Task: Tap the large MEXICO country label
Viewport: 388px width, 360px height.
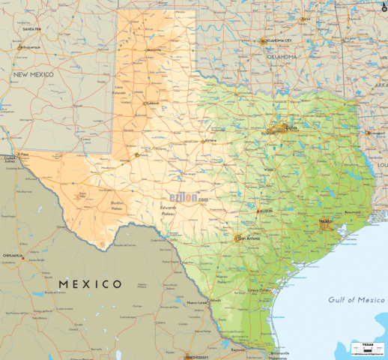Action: coord(89,283)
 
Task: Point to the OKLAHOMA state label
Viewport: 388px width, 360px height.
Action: coord(282,56)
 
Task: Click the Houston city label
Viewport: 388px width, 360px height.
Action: coord(325,221)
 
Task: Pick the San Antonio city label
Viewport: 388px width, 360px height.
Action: coord(249,238)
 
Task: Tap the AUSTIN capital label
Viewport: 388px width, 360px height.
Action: coord(266,211)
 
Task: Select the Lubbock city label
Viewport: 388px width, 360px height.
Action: coord(153,103)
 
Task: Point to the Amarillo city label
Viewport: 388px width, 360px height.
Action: coord(154,50)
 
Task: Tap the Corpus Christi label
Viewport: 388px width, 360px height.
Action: coord(259,289)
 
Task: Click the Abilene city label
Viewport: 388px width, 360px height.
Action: coord(210,140)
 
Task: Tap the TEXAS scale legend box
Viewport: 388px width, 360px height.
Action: coord(367,346)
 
